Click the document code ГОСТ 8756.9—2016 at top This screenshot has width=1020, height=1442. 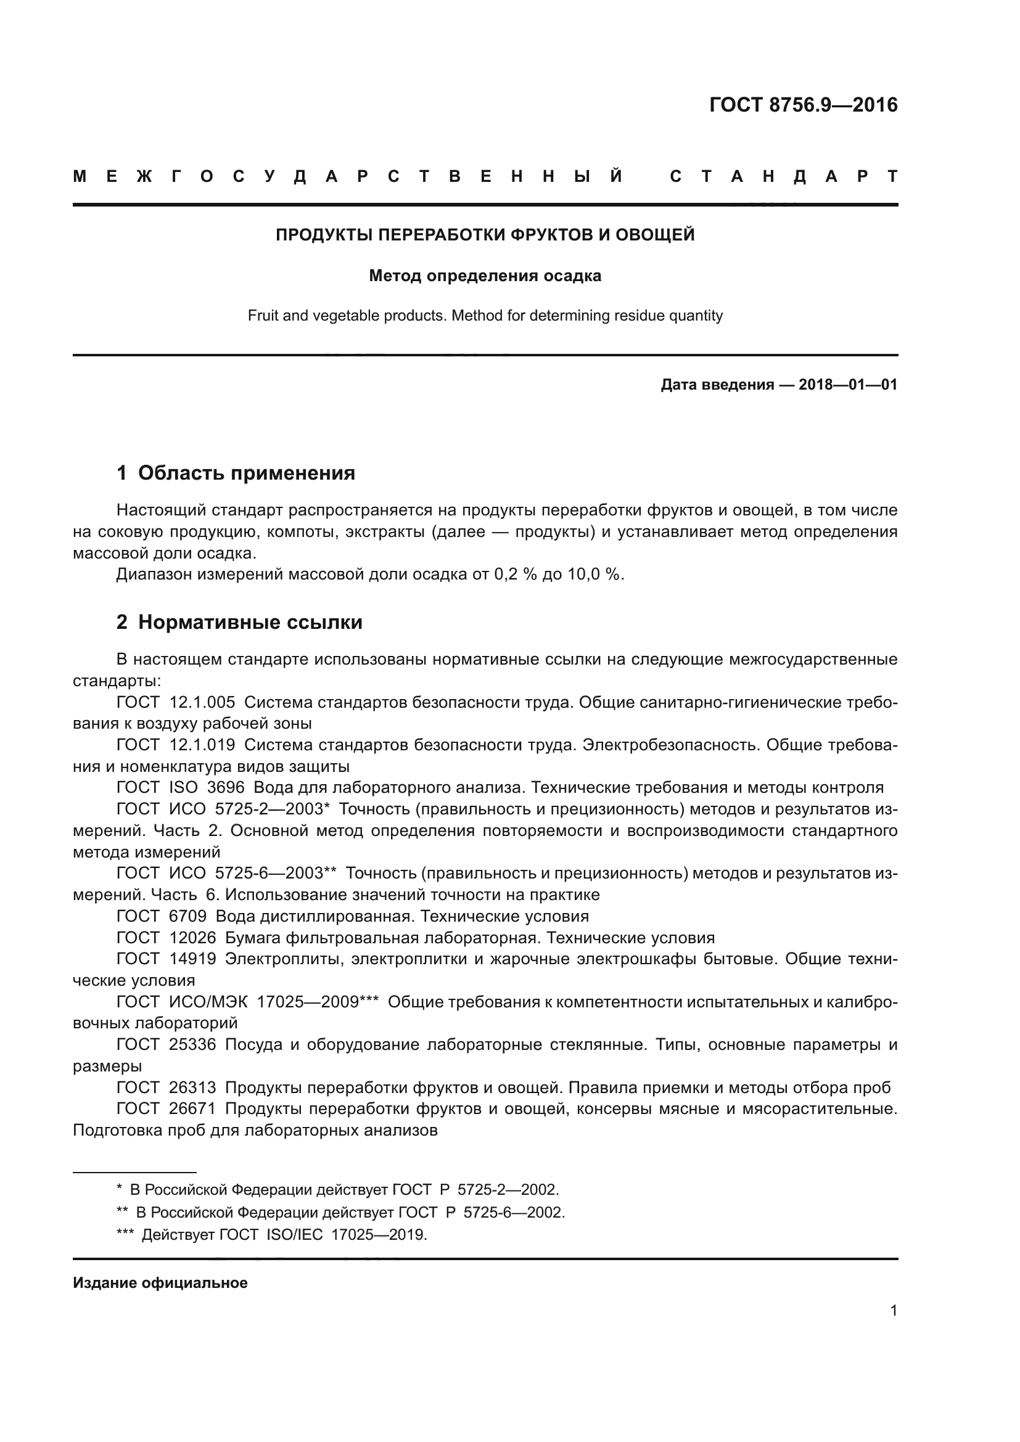click(803, 105)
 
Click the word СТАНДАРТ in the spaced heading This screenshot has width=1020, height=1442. click(783, 176)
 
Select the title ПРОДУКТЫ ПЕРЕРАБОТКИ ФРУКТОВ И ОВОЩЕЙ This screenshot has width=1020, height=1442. click(485, 235)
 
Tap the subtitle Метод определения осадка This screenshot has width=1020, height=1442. click(485, 276)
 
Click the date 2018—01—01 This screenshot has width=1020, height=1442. click(848, 384)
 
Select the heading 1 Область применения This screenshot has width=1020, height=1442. click(236, 473)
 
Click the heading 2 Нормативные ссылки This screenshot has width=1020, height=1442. click(239, 623)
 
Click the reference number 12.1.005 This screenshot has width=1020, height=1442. click(202, 702)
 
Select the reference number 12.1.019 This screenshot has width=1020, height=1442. click(202, 745)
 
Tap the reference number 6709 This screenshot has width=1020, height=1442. click(187, 916)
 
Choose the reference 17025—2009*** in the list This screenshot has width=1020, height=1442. click(318, 1001)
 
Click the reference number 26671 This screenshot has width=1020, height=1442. click(192, 1108)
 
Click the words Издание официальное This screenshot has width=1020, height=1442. click(160, 1283)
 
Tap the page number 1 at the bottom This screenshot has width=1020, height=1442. click(893, 1310)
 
